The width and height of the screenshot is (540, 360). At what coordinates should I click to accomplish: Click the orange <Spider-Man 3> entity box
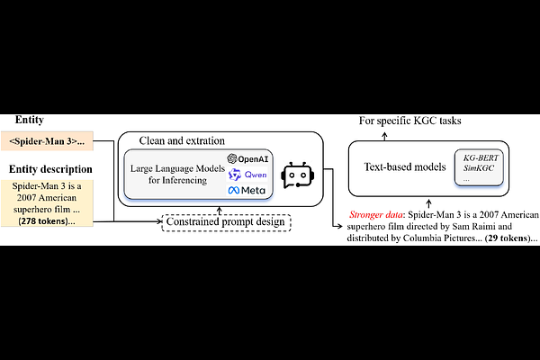(47, 141)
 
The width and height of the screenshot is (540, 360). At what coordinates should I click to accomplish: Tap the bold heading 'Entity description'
(50, 169)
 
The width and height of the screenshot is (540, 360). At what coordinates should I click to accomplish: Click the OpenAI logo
(247, 158)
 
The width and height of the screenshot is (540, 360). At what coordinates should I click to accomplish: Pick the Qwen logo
(247, 175)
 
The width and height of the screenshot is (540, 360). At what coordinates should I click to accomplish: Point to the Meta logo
(247, 190)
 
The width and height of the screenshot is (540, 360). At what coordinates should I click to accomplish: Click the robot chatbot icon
(298, 175)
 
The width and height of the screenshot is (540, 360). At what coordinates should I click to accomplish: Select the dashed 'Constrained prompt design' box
(226, 222)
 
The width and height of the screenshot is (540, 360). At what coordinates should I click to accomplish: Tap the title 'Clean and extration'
(182, 140)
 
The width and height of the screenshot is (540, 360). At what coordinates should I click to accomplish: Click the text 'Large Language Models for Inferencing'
(177, 175)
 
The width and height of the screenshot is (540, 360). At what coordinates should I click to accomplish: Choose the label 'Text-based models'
(405, 167)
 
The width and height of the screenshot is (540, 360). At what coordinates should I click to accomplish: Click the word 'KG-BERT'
(481, 158)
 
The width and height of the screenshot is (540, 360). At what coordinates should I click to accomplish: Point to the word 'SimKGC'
(479, 168)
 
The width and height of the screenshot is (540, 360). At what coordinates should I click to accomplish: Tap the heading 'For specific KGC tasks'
(409, 121)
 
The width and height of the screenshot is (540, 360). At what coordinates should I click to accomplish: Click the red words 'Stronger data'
(375, 215)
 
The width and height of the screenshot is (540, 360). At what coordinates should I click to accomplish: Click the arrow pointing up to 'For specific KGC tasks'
(384, 137)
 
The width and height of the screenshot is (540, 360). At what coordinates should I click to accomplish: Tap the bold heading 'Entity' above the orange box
(30, 120)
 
